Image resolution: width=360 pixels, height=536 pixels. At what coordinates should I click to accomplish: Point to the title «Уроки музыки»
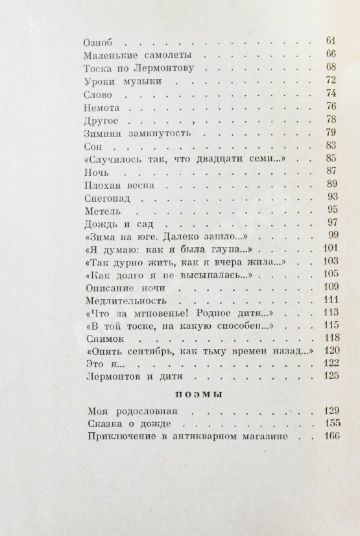tap(123, 81)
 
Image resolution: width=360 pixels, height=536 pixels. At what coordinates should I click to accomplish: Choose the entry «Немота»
tap(102, 106)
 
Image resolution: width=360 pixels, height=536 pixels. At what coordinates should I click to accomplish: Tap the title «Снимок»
tap(103, 338)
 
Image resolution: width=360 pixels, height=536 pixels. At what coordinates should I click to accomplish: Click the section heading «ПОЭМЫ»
tap(201, 394)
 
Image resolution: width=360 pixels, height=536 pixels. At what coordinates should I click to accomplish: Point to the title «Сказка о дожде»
tap(123, 424)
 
